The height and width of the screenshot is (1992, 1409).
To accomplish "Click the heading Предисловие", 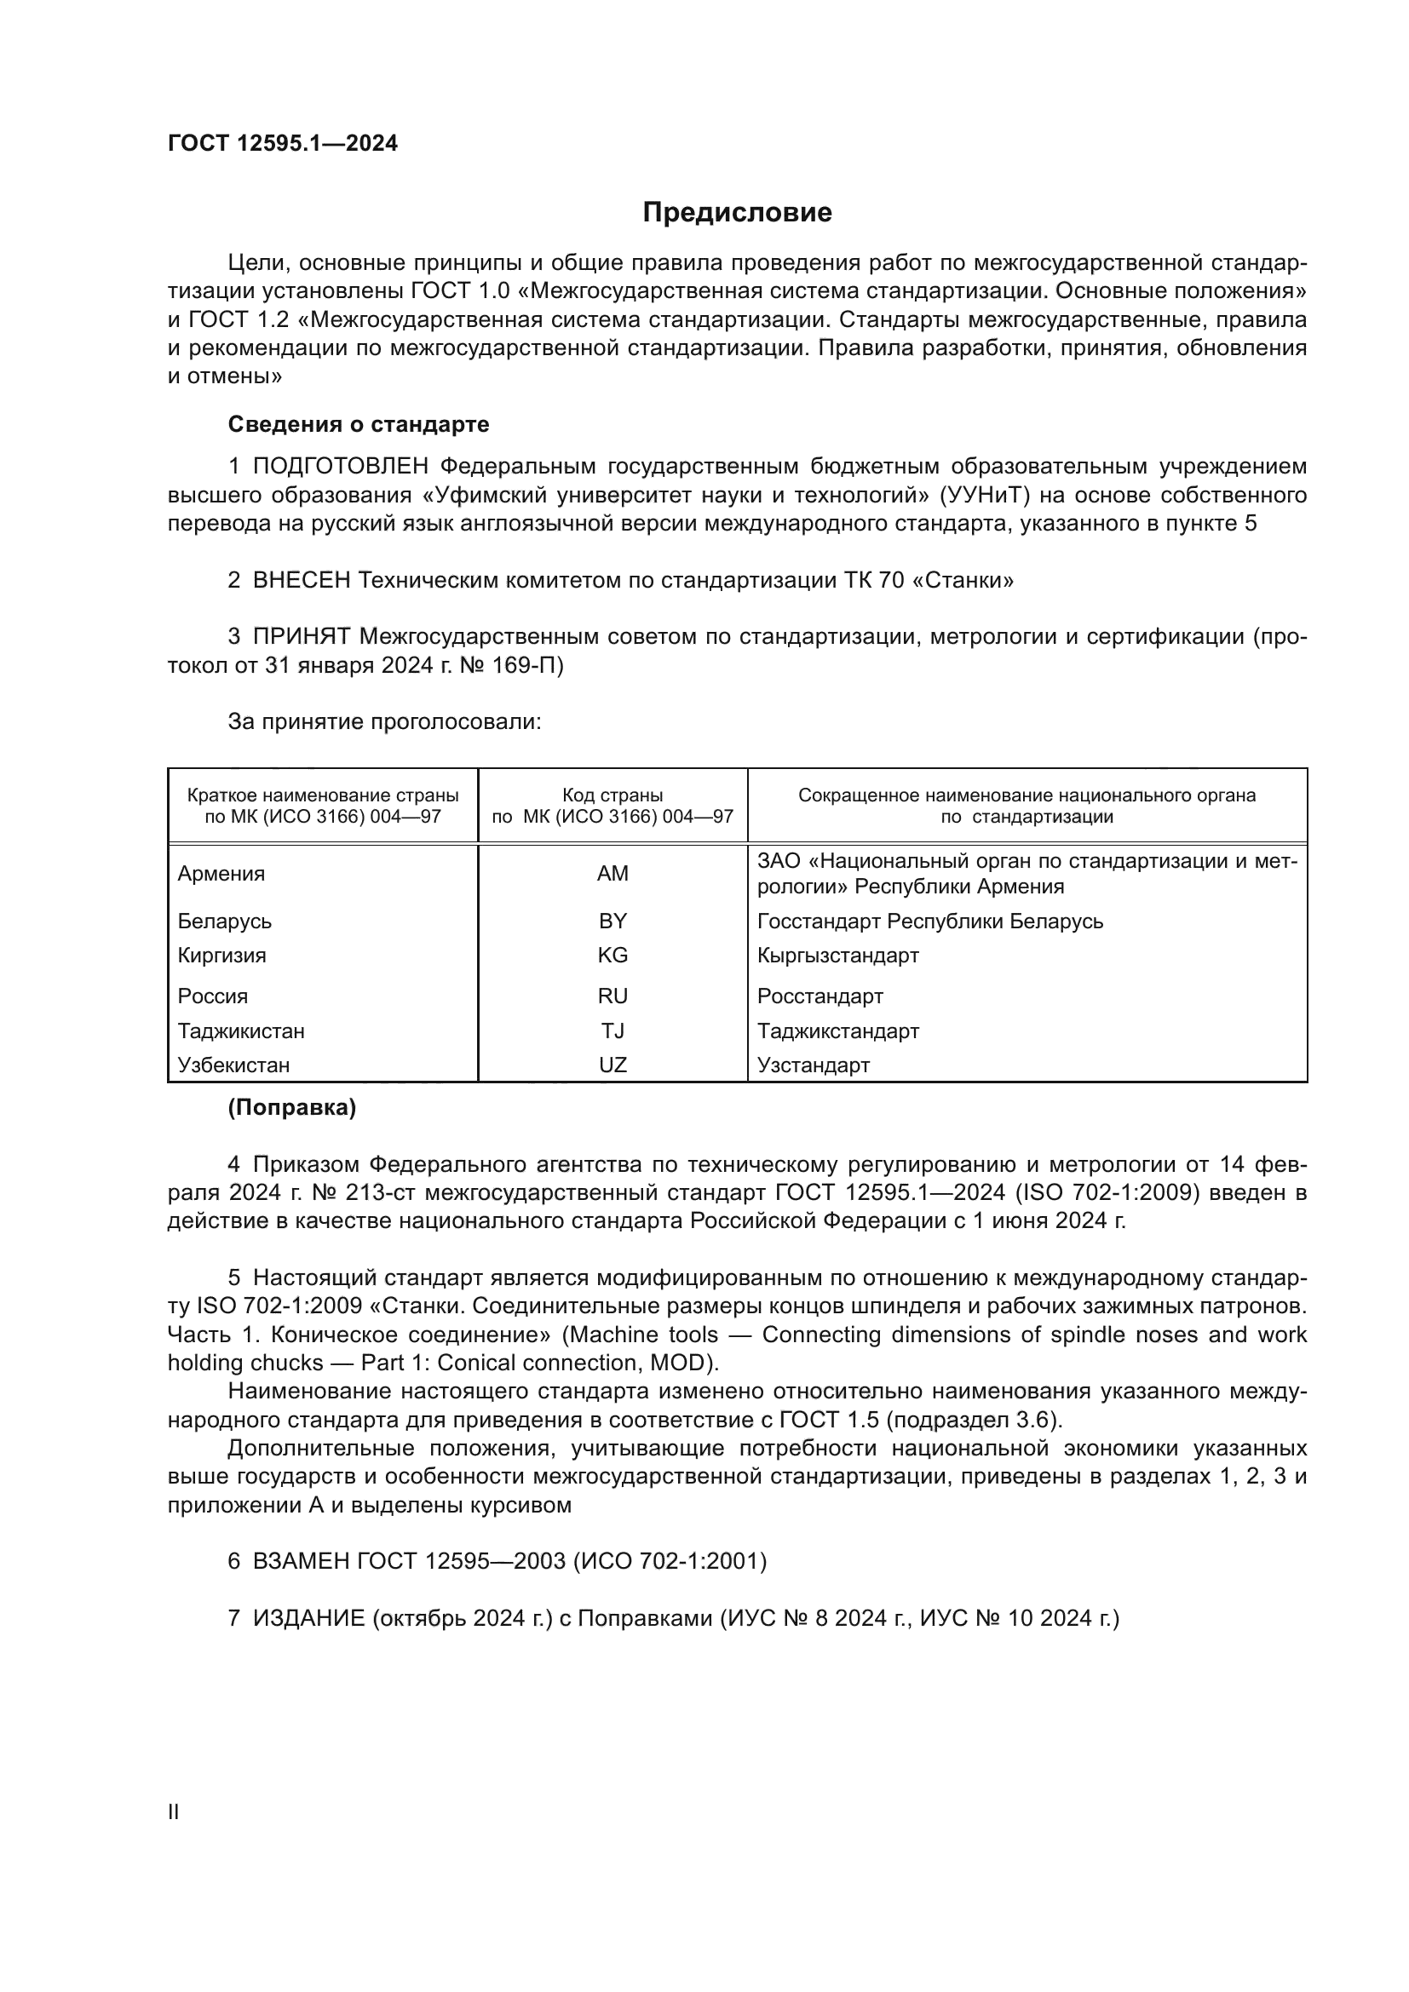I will pos(737,213).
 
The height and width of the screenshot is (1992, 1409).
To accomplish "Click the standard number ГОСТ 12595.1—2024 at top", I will pos(283,144).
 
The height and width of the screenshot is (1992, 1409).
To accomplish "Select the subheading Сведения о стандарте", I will pos(359,424).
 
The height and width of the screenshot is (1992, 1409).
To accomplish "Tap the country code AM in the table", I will pos(612,874).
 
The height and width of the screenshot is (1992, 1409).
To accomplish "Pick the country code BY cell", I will pos(612,921).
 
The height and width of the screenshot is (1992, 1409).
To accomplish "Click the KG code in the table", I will pos(612,956).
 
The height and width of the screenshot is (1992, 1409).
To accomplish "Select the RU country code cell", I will pos(612,996).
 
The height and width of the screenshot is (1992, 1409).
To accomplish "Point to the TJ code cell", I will pos(612,1030).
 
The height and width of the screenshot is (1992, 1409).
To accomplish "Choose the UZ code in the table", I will pos(612,1065).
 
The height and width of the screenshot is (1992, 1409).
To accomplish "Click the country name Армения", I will pos(221,874).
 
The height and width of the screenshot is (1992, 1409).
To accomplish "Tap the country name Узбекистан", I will pos(233,1065).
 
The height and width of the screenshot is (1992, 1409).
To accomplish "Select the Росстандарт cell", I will pos(820,996).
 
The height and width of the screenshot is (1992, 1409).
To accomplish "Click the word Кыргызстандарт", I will pos(837,956).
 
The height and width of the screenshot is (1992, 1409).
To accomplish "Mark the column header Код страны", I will pos(612,795).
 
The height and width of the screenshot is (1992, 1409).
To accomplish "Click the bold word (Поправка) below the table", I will pos(291,1108).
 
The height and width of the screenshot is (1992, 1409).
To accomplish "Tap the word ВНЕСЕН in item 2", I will pos(301,581).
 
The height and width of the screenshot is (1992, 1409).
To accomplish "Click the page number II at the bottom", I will pos(174,1812).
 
